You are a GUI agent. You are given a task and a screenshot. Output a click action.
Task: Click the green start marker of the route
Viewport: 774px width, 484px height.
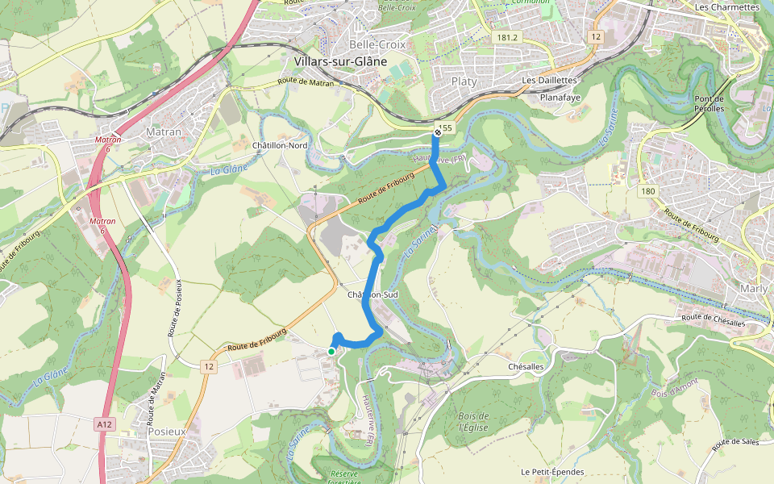[x=331, y=351]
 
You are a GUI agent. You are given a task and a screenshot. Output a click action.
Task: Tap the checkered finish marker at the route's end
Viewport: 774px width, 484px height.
[x=437, y=131]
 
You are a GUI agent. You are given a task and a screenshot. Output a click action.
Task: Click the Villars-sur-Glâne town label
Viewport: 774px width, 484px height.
[x=341, y=61]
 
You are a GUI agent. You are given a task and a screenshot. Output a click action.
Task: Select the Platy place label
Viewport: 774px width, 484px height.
[x=464, y=81]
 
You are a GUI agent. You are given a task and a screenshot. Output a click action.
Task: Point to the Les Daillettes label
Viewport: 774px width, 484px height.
[x=549, y=81]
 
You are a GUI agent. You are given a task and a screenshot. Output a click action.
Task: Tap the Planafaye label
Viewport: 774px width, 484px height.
[x=560, y=97]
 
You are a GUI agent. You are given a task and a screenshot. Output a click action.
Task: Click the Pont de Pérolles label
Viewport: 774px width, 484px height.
[x=709, y=103]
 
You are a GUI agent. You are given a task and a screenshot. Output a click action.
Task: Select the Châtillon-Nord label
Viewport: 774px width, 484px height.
[x=281, y=145]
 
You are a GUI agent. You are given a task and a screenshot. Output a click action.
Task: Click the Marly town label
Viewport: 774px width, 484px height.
[x=755, y=288]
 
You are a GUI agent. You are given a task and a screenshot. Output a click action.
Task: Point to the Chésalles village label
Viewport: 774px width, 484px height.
[x=528, y=366]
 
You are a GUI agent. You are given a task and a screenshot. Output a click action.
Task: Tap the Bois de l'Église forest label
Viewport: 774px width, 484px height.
[x=474, y=421]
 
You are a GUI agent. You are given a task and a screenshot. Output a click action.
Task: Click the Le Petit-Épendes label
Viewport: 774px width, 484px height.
[x=552, y=472]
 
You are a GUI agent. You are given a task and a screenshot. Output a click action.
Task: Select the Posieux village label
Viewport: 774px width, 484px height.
[x=167, y=432]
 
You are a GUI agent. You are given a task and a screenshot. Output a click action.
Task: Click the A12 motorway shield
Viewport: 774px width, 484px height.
[x=103, y=423]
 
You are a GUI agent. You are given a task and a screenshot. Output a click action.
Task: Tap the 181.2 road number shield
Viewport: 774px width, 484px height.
[x=506, y=37]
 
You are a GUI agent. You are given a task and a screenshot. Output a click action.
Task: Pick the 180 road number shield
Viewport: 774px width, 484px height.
[x=648, y=191]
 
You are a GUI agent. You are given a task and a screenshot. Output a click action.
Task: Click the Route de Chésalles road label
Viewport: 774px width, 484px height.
[x=713, y=320]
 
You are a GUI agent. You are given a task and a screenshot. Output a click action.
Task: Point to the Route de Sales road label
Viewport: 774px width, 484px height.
[x=736, y=443]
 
